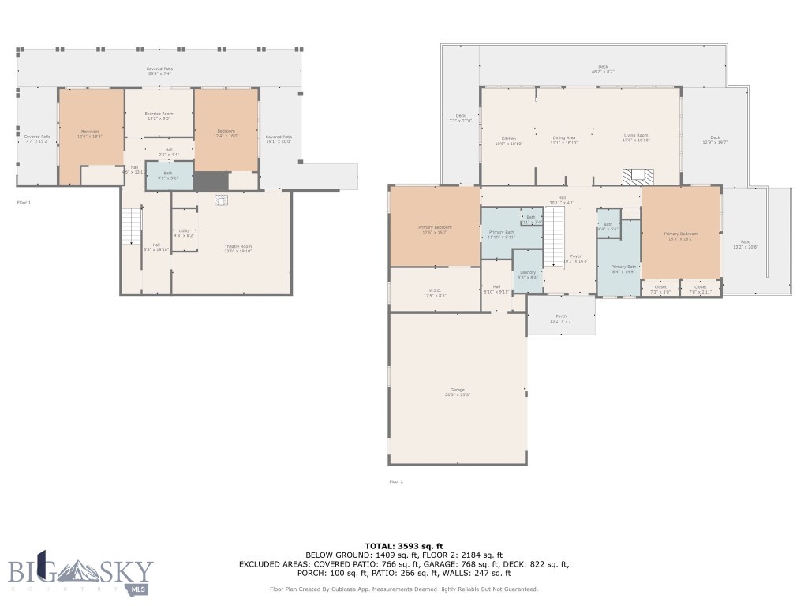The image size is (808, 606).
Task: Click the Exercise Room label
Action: tap(159, 116)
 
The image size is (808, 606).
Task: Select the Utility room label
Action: tap(184, 234)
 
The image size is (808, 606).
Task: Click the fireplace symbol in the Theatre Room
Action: tap(222, 200)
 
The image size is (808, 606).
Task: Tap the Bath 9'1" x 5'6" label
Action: tap(167, 175)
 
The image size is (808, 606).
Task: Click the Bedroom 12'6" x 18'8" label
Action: tap(91, 134)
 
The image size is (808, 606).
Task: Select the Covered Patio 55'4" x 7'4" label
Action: tap(159, 71)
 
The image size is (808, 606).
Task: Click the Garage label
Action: tap(457, 392)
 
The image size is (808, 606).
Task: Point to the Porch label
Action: tap(561, 318)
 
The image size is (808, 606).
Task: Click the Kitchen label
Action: tap(509, 140)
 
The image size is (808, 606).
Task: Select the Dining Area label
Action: tap(563, 140)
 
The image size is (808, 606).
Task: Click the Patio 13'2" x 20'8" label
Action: tap(746, 245)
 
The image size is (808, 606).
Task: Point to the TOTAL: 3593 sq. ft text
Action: tap(404, 546)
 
